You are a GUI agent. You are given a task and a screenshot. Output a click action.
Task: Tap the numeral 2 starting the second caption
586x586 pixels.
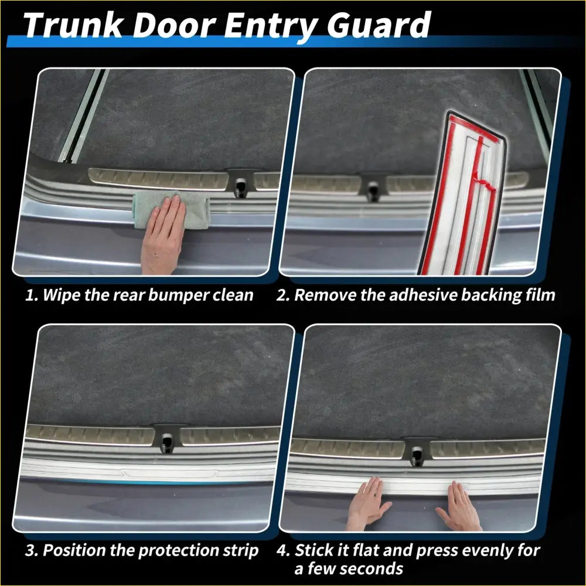point(282,294)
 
